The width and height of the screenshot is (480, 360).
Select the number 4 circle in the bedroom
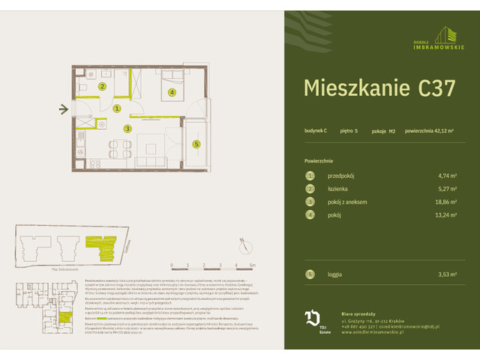(x=172, y=93)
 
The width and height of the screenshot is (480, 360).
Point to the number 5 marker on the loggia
(x=196, y=144)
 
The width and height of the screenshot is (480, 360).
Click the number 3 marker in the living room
(x=128, y=129)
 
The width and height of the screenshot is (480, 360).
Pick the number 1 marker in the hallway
(x=117, y=109)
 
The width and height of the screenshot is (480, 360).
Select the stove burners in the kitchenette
(x=94, y=163)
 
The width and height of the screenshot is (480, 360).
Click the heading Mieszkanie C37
(x=379, y=88)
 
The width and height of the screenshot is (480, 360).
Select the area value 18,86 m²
(x=447, y=202)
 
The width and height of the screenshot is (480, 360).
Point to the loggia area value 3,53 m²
(x=448, y=275)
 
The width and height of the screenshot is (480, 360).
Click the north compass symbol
(x=244, y=243)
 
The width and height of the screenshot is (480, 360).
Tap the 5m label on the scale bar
(x=253, y=265)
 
